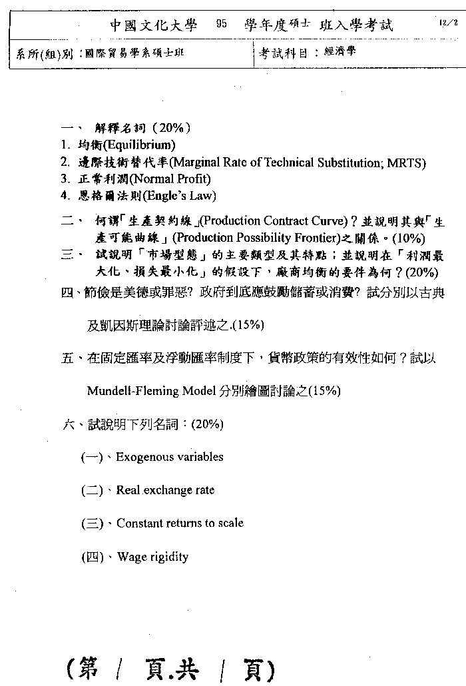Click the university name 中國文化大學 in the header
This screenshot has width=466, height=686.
click(154, 25)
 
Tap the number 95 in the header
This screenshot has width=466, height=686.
click(222, 25)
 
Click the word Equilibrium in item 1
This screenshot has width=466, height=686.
click(145, 145)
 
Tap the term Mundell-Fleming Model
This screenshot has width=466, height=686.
click(151, 391)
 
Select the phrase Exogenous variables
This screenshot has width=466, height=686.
click(170, 457)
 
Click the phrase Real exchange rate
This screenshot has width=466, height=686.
click(165, 490)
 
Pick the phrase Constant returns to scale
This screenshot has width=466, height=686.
click(180, 523)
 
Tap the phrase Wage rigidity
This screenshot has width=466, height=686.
click(152, 557)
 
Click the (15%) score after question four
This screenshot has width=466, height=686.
click(246, 326)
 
